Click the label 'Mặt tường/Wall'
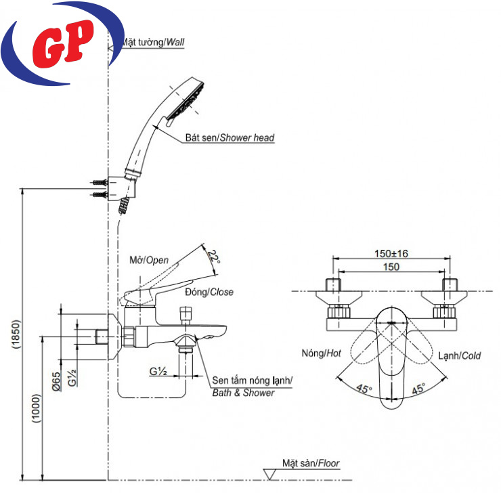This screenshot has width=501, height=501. pyautogui.click(x=153, y=42)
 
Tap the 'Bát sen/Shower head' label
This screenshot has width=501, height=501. pyautogui.click(x=230, y=137)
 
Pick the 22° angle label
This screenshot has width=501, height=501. pyautogui.click(x=215, y=256)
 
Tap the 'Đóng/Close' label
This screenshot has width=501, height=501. pyautogui.click(x=209, y=292)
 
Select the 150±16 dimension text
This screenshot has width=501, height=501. pyautogui.click(x=389, y=254)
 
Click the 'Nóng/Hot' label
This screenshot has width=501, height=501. pyautogui.click(x=321, y=353)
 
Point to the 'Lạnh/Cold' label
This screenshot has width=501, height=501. pyautogui.click(x=459, y=355)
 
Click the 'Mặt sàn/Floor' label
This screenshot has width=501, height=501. pyautogui.click(x=311, y=464)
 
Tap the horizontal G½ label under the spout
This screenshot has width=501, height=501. pyautogui.click(x=158, y=372)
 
